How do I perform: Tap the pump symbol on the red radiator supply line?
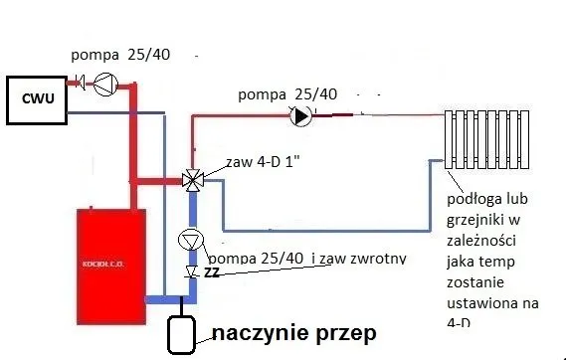pyautogui.click(x=299, y=115)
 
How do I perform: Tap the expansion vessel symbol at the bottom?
pyautogui.click(x=180, y=334)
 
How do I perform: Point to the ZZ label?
pyautogui.click(x=211, y=271)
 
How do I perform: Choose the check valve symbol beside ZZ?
pyautogui.click(x=191, y=271)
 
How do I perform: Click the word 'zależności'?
pyautogui.click(x=485, y=240)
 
